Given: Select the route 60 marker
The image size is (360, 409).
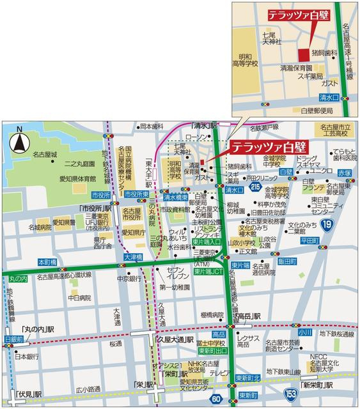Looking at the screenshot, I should click(216, 399).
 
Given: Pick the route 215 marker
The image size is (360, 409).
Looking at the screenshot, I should click(256, 187).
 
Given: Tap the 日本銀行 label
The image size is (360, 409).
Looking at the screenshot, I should click(27, 356).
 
